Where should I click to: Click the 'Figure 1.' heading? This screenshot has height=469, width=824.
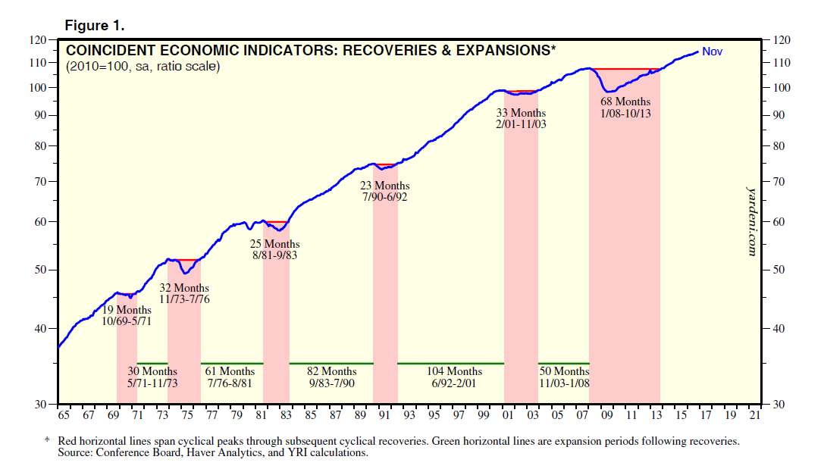pyautogui.click(x=94, y=26)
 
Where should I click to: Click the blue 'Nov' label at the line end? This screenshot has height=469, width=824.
pyautogui.click(x=712, y=52)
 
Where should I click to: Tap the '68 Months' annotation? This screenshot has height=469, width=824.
pyautogui.click(x=625, y=102)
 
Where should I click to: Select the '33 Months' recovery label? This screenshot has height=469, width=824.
pyautogui.click(x=521, y=112)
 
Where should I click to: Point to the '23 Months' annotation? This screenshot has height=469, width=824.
pyautogui.click(x=385, y=186)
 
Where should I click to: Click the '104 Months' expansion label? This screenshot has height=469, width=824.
pyautogui.click(x=454, y=371)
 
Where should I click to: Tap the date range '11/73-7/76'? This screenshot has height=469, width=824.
pyautogui.click(x=184, y=299)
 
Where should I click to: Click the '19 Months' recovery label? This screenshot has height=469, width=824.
pyautogui.click(x=126, y=310)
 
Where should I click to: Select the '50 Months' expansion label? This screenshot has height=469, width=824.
pyautogui.click(x=563, y=371)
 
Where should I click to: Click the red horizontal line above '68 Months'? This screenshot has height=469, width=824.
pyautogui.click(x=625, y=69)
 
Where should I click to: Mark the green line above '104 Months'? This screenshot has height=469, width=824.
pyautogui.click(x=451, y=364)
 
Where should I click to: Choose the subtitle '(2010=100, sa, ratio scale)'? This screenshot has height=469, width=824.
pyautogui.click(x=143, y=67)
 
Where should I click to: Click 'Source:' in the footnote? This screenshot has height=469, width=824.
pyautogui.click(x=75, y=452)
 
